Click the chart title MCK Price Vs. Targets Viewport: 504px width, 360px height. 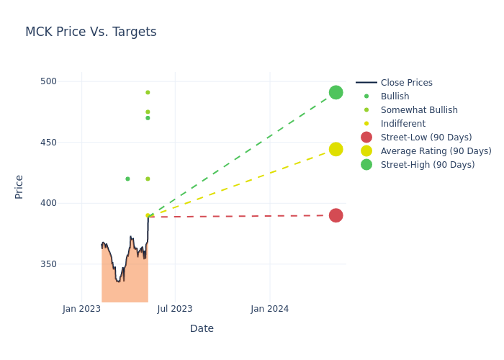[x=91, y=32]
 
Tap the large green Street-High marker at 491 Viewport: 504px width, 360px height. [x=336, y=92]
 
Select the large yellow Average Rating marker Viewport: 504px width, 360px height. [x=336, y=149]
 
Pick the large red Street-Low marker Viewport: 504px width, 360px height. [x=336, y=215]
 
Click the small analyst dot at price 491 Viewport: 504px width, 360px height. [x=148, y=92]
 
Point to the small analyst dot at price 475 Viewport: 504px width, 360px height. [x=148, y=112]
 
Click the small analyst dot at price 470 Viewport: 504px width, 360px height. [x=148, y=118]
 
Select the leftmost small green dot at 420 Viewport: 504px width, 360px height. [x=127, y=179]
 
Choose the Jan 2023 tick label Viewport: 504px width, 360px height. [x=81, y=309]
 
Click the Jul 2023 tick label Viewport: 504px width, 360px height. [x=175, y=309]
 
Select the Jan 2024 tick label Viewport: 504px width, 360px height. [x=270, y=309]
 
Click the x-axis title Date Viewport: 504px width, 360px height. [x=202, y=329]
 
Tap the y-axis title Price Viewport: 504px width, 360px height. [x=19, y=186]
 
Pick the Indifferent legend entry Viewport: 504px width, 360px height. [x=402, y=124]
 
